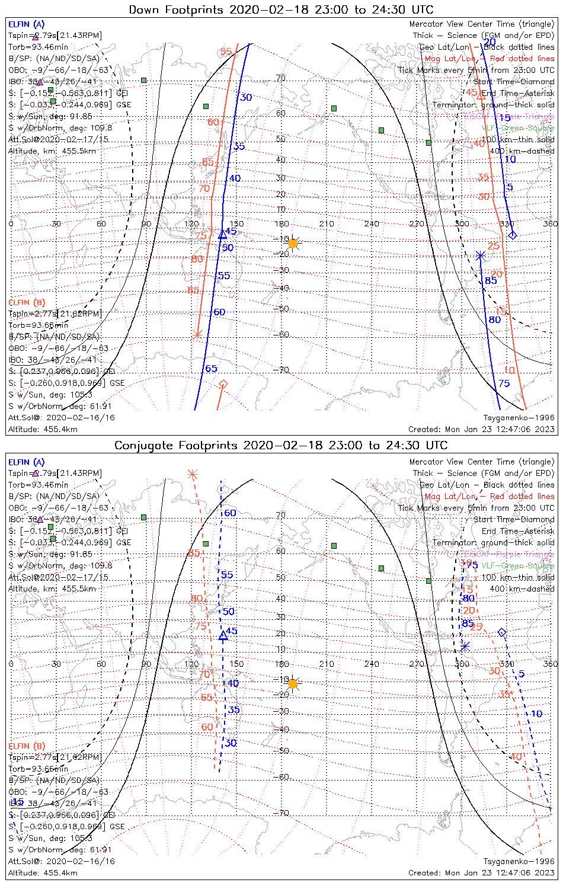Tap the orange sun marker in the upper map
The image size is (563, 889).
coord(292,243)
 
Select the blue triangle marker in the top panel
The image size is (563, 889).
coord(223,235)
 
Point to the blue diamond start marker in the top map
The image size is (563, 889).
coord(513,235)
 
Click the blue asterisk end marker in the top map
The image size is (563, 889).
coord(480,256)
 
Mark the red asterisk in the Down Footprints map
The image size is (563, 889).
coord(198,335)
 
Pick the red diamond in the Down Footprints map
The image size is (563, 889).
coord(223,385)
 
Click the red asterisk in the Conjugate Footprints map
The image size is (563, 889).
coord(192,474)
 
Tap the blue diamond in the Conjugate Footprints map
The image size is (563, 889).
coord(502,633)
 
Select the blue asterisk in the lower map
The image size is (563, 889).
coord(465,646)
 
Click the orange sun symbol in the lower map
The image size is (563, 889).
coord(292,683)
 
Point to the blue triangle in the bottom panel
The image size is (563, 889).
coord(223,636)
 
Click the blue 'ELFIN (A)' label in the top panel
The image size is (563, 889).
coord(26,24)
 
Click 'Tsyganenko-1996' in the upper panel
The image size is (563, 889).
coord(519,418)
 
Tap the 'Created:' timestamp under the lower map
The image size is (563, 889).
coord(481,873)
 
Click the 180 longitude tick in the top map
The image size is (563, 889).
coord(281,224)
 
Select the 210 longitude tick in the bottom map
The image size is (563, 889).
coord(327,664)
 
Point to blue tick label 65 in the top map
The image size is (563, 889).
coord(211,369)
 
